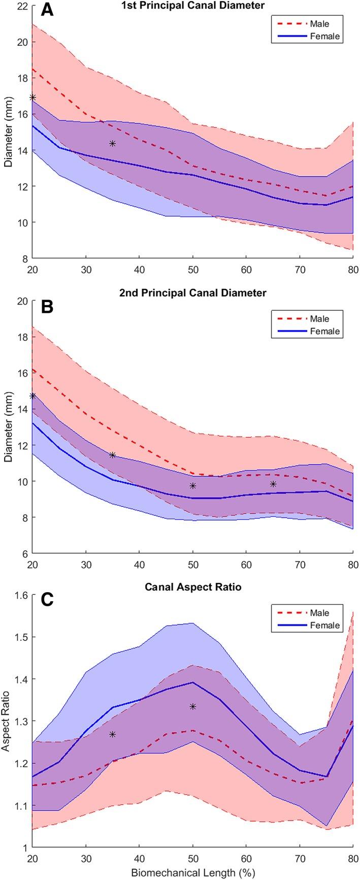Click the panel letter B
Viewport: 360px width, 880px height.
(x=47, y=308)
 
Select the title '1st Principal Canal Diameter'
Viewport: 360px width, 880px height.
(x=193, y=6)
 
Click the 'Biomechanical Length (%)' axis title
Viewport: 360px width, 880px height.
(x=193, y=873)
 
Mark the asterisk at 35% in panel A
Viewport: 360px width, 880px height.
(x=113, y=144)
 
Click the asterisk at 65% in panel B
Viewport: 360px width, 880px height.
(x=273, y=484)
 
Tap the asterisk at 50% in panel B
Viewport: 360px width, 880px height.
(x=193, y=486)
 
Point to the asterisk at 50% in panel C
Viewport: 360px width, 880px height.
(x=193, y=707)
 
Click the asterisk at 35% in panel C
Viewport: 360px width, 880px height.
(x=113, y=734)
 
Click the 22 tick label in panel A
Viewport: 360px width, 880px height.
(x=21, y=6)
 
